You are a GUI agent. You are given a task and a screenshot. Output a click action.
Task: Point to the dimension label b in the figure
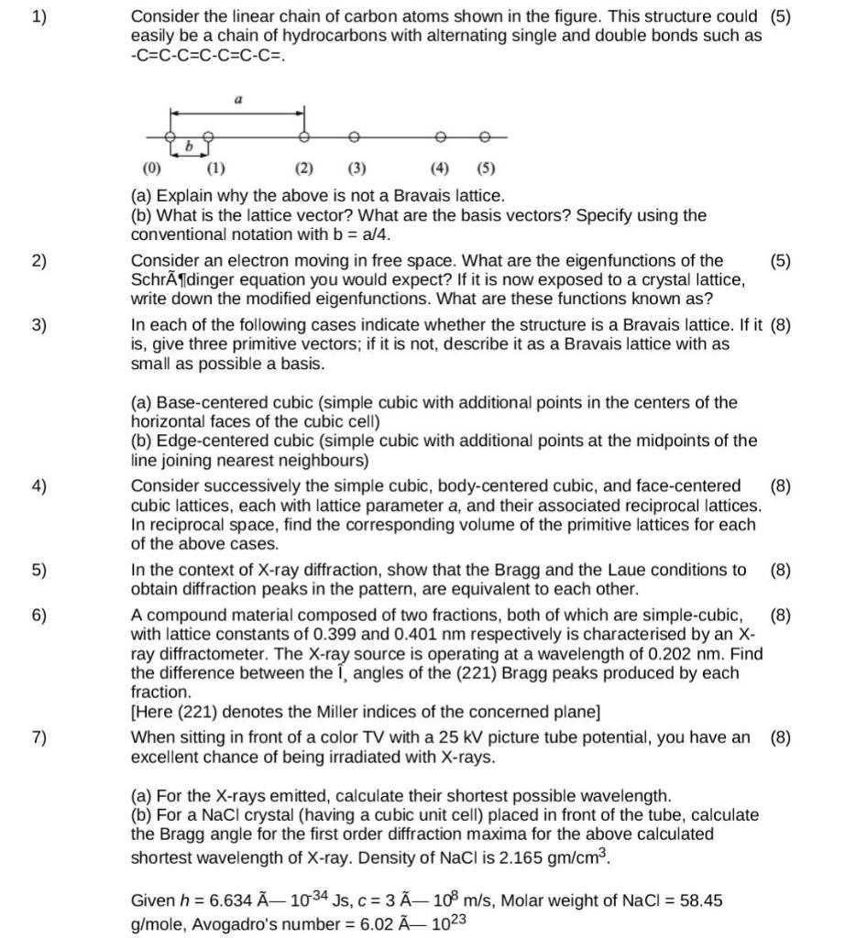pyautogui.click(x=189, y=147)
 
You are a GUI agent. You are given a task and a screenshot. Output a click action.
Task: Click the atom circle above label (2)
pyautogui.click(x=304, y=136)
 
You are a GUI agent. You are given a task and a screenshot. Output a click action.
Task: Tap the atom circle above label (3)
pyautogui.click(x=354, y=136)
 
